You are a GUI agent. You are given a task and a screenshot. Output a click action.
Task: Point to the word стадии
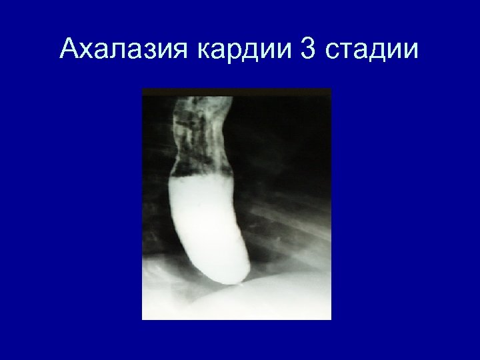tap(374, 48)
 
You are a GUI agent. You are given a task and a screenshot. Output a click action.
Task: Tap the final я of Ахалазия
tap(181, 50)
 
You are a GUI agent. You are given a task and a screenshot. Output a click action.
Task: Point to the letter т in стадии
tap(349, 50)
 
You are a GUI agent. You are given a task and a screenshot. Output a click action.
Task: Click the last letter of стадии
tap(413, 50)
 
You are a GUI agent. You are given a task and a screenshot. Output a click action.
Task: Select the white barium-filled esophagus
tap(207, 220)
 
